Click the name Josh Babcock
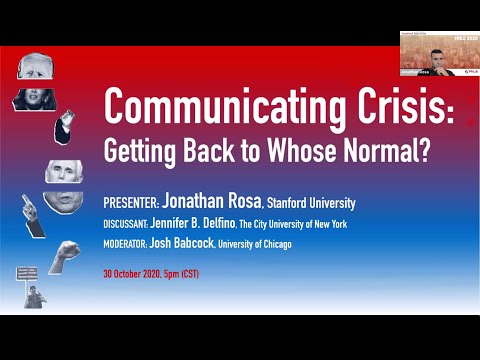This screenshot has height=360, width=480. tap(195, 243)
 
